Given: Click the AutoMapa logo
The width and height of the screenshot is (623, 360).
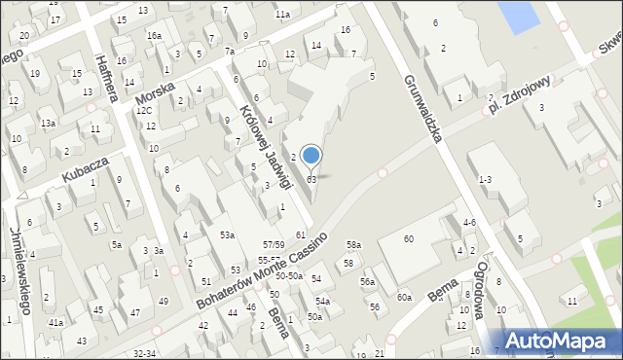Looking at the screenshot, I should click(563, 341).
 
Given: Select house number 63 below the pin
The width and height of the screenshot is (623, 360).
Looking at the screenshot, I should click(311, 180).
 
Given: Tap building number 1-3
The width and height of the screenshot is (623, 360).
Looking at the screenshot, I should click(485, 180).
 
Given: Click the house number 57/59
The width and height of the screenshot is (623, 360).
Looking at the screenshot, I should click(273, 243).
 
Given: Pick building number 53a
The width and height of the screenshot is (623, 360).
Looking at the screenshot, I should click(226, 234).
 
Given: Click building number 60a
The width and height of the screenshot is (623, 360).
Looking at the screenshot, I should click(403, 297).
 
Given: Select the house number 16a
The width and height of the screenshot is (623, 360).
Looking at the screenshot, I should click(154, 35).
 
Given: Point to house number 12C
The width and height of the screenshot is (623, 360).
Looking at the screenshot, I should click(144, 111).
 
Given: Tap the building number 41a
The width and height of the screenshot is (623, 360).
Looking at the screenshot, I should click(56, 322).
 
